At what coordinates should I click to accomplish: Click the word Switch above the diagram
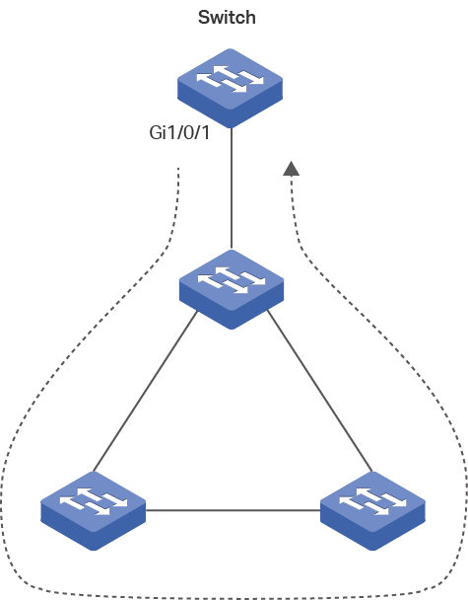click(227, 18)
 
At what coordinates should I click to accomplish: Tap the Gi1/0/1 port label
click(179, 133)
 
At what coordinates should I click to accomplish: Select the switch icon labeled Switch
click(230, 88)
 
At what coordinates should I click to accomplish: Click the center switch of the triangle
click(232, 289)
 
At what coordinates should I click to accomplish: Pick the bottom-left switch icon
click(94, 511)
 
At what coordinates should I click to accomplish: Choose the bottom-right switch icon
click(372, 511)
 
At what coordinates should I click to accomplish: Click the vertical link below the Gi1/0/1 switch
click(232, 187)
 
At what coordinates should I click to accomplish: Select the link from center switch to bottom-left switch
click(146, 391)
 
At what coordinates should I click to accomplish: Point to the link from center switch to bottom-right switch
click(319, 391)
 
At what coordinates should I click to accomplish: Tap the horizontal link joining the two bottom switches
click(234, 510)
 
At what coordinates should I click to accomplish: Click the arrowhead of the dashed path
click(291, 169)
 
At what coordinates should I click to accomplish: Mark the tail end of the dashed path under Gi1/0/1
click(178, 168)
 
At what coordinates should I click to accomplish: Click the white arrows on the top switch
click(230, 79)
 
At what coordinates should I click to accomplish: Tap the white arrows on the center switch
click(232, 280)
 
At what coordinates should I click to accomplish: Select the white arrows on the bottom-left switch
click(94, 501)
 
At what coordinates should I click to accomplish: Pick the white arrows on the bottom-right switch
click(372, 501)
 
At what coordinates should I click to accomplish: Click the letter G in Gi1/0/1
click(156, 133)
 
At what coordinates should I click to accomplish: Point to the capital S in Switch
click(204, 18)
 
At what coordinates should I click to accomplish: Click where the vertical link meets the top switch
click(232, 128)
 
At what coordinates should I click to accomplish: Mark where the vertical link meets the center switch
click(232, 250)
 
